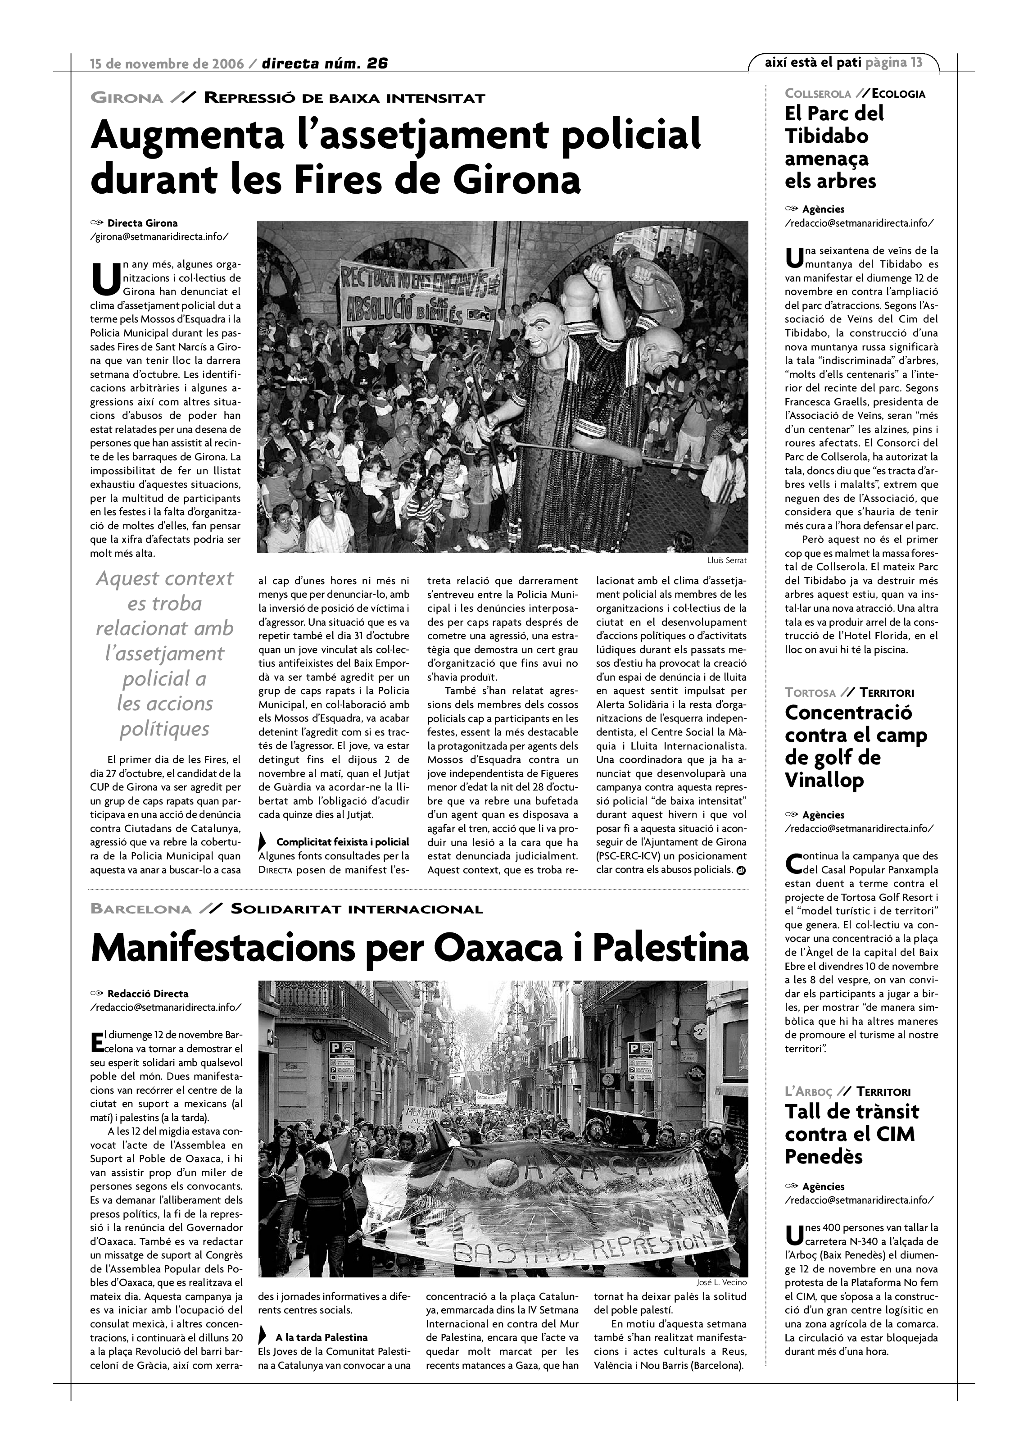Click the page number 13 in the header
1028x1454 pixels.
click(916, 62)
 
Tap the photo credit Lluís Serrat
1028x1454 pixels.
click(727, 560)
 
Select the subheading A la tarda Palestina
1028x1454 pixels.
click(321, 1337)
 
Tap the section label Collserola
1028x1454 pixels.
click(818, 94)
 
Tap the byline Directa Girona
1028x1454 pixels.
click(142, 223)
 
